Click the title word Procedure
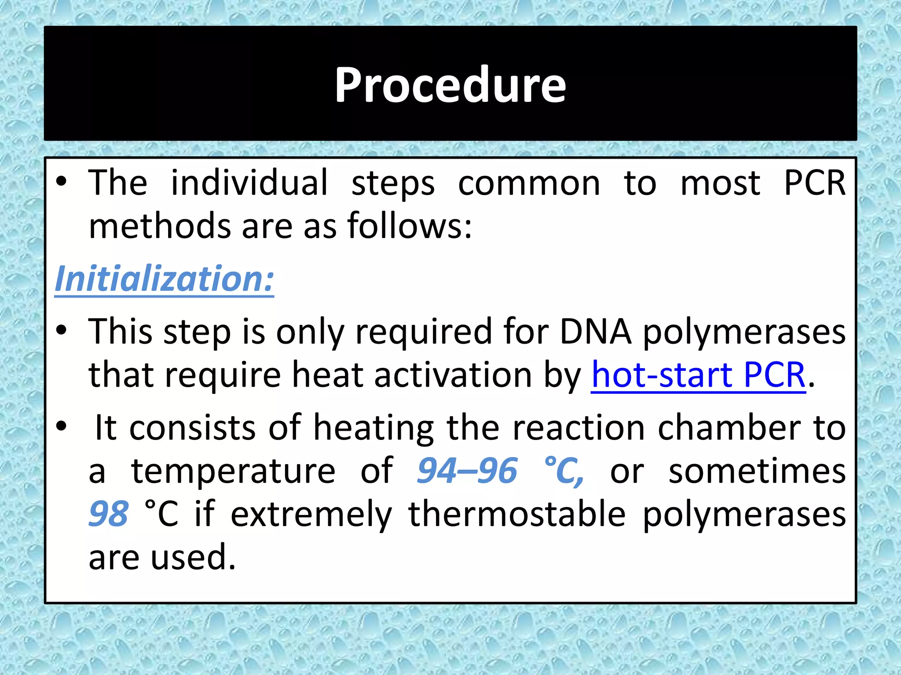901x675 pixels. point(450,85)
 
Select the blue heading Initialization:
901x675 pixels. point(164,279)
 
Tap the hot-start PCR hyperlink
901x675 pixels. point(698,375)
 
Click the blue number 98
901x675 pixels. point(109,514)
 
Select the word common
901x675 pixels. point(529,183)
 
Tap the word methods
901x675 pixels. point(160,226)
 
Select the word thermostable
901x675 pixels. point(517,514)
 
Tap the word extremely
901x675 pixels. point(311,515)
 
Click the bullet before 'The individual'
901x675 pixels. point(62,182)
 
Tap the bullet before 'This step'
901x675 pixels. point(62,330)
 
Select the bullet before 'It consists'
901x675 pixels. point(62,426)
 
